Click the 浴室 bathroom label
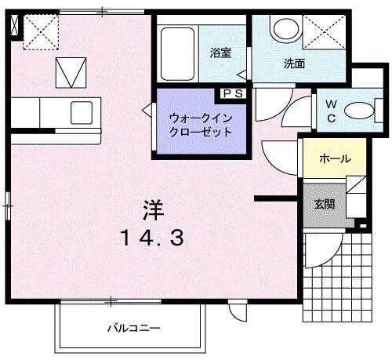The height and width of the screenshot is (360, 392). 220,53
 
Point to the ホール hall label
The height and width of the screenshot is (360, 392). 334,159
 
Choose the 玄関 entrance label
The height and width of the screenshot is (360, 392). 325,205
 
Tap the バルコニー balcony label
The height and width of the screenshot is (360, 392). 133,328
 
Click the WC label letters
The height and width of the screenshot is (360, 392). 331,111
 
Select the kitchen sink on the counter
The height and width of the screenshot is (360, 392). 82,112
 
